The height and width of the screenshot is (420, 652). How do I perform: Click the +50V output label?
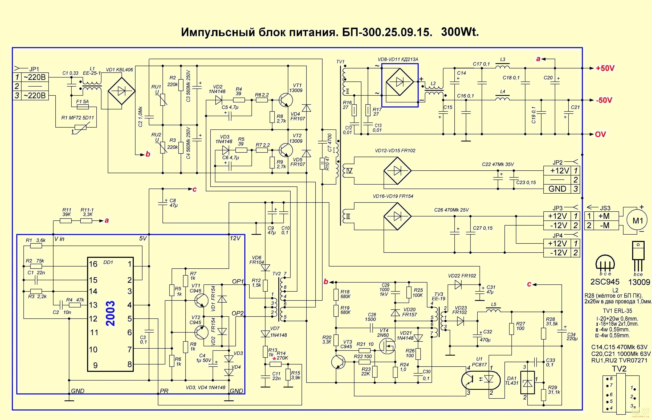[x=605, y=68]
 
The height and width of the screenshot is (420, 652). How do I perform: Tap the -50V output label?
[x=604, y=100]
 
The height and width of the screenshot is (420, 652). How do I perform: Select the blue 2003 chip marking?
[x=111, y=314]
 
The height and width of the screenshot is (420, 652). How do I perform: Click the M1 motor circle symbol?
[x=638, y=220]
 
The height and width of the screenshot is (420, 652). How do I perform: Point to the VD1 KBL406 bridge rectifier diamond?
[x=122, y=91]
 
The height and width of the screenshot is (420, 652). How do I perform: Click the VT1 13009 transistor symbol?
[x=286, y=100]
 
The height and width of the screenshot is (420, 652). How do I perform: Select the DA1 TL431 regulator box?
[x=528, y=383]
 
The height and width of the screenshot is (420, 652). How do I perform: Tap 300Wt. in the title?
[x=460, y=32]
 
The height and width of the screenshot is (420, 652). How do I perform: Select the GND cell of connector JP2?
[x=557, y=189]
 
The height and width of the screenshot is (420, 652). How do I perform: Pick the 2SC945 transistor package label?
[x=605, y=282]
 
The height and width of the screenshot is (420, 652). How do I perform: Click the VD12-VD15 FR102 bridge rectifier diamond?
[x=397, y=171]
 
